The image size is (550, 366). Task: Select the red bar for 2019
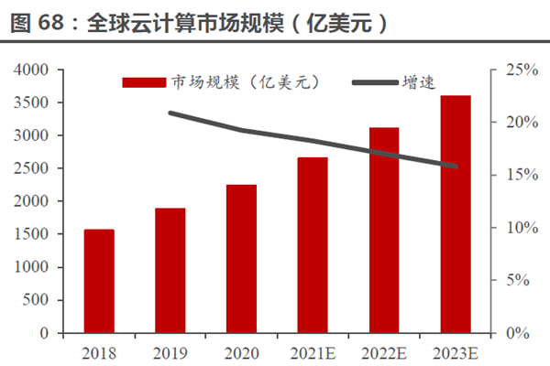click(170, 270)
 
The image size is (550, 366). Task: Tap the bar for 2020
click(241, 259)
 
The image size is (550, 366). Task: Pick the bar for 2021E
click(313, 245)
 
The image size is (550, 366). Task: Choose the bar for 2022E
click(384, 230)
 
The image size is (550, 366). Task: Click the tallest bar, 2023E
click(456, 214)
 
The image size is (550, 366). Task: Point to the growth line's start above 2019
click(170, 113)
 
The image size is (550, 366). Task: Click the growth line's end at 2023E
click(456, 166)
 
